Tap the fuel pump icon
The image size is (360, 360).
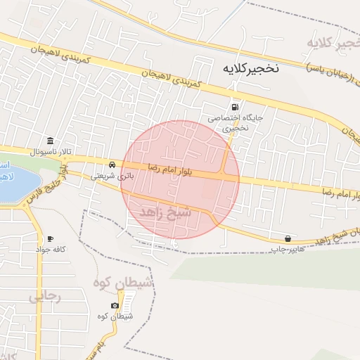pos(234,107)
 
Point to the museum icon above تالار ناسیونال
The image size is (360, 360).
pos(49,140)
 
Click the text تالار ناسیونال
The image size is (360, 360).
pos(46,151)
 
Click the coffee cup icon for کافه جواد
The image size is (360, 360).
pos(50,239)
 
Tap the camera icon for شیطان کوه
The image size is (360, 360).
pos(115,306)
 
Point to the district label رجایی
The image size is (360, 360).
pos(46,297)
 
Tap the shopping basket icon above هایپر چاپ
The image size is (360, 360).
pos(288,238)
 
